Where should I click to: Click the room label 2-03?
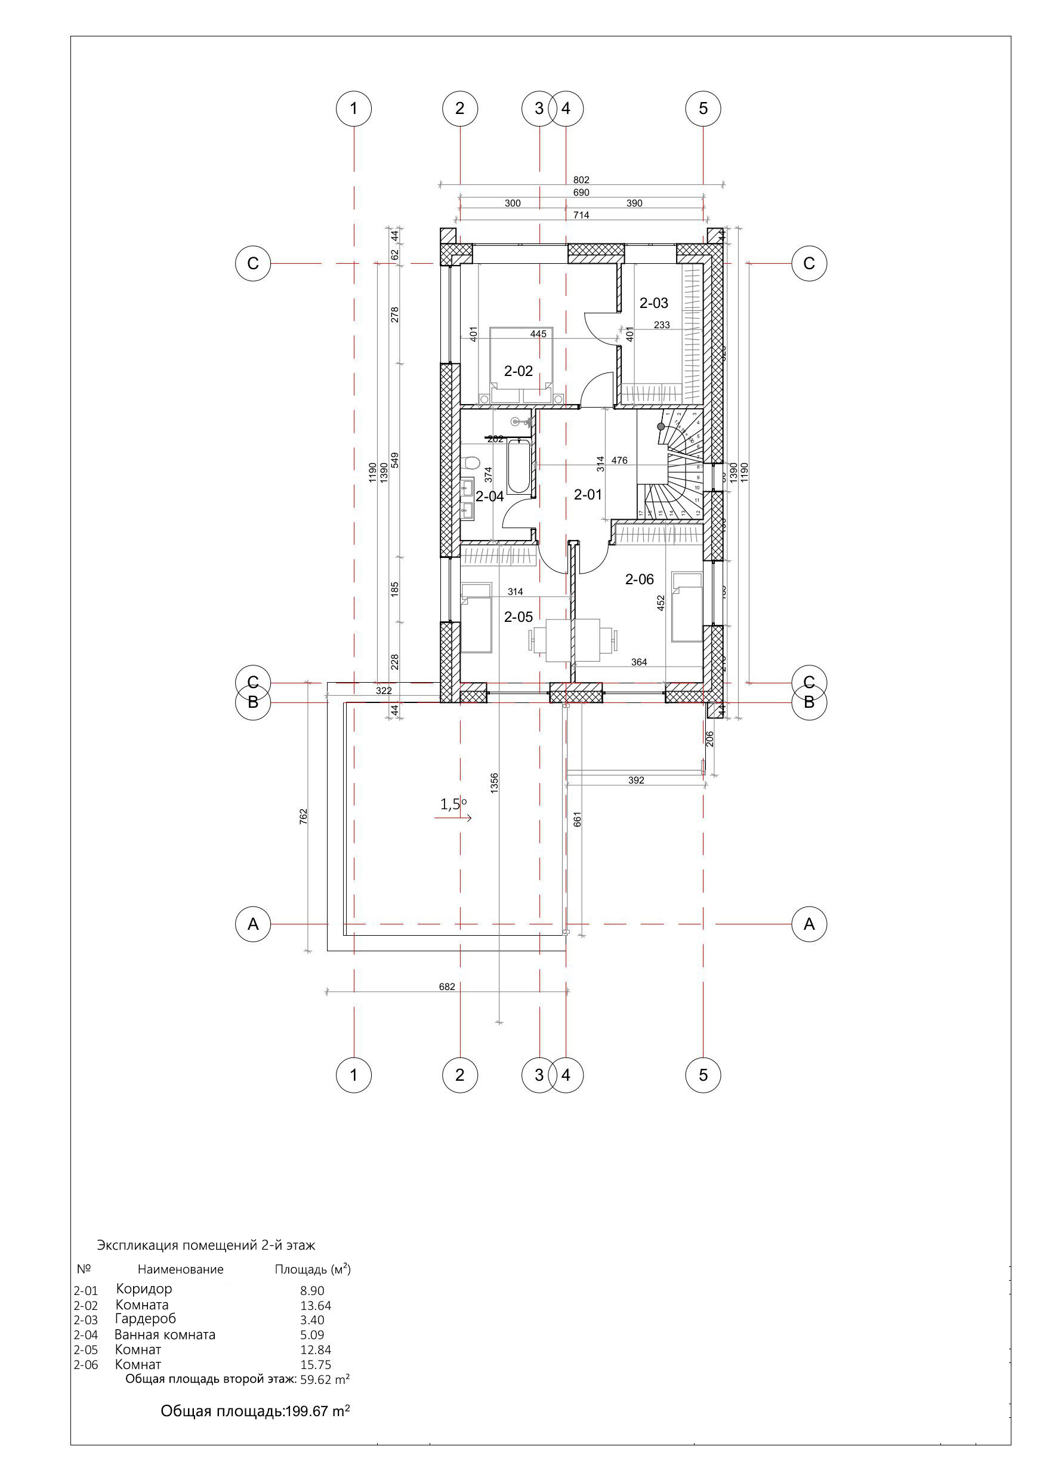653,303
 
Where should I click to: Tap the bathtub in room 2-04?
519,467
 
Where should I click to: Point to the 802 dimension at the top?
581,180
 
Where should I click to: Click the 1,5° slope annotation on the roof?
453,804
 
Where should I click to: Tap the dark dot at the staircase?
661,426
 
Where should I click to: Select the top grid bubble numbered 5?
702,108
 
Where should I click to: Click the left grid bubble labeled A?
252,924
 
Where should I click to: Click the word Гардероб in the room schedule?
145,1319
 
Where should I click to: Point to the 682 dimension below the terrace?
447,987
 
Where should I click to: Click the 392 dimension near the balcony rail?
635,780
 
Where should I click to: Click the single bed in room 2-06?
686,606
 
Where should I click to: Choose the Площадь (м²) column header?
313,1269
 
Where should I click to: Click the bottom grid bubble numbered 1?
353,1075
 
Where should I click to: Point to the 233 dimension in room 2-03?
661,325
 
